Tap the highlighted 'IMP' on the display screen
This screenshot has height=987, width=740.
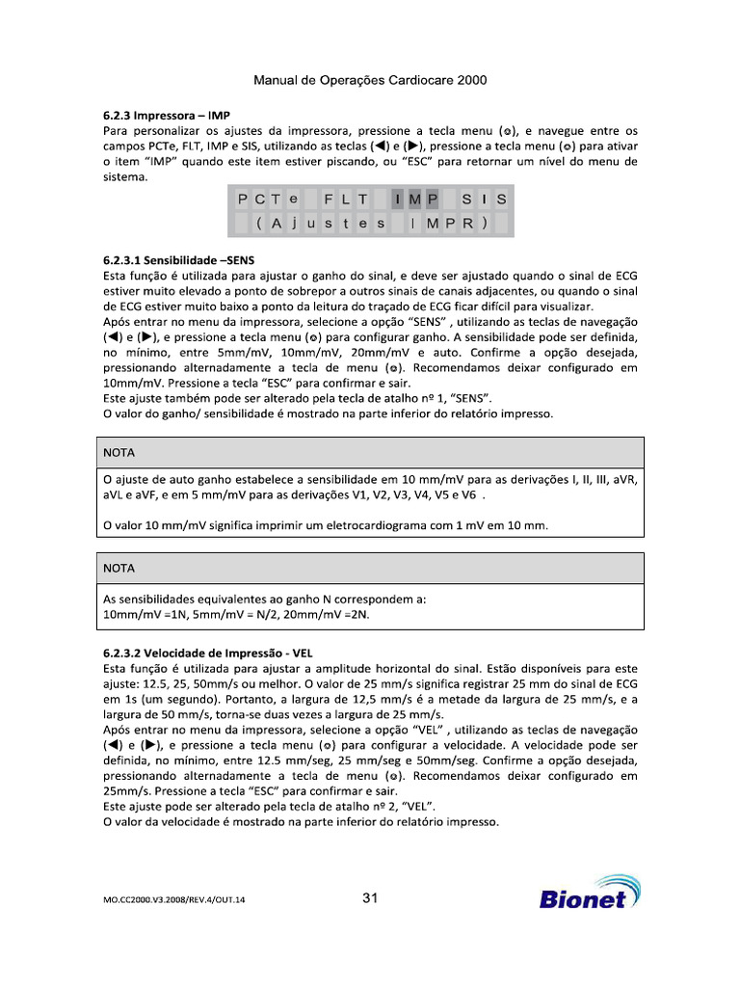click(415, 200)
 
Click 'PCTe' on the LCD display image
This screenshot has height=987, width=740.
click(269, 200)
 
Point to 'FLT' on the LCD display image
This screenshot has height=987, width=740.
click(346, 200)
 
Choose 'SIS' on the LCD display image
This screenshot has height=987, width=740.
click(484, 200)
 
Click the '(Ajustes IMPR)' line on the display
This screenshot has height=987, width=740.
click(372, 224)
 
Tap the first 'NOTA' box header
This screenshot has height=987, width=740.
click(119, 451)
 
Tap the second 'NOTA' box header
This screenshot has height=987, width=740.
click(119, 568)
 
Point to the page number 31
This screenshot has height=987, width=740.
click(370, 898)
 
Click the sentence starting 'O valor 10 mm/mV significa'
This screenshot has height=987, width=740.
click(325, 525)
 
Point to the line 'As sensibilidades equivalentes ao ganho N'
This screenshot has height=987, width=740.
click(264, 599)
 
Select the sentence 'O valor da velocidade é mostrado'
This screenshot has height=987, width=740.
click(301, 822)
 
